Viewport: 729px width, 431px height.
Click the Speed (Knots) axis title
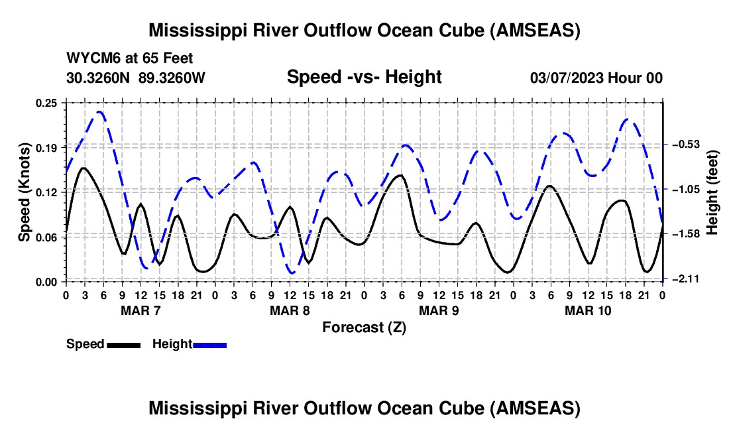pyautogui.click(x=25, y=192)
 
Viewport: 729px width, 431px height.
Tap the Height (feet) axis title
pyautogui.click(x=712, y=192)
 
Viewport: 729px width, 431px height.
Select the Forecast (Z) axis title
pyautogui.click(x=364, y=327)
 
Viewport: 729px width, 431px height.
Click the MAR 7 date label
pyautogui.click(x=140, y=310)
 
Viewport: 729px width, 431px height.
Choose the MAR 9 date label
pyautogui.click(x=438, y=310)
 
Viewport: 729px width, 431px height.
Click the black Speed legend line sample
pyautogui.click(x=123, y=345)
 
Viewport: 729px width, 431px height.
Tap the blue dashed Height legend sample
pyautogui.click(x=209, y=345)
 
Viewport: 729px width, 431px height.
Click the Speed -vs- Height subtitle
pyautogui.click(x=364, y=77)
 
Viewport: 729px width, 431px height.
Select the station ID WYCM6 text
pyautogui.click(x=89, y=59)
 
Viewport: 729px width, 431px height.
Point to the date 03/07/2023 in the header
pyautogui.click(x=567, y=78)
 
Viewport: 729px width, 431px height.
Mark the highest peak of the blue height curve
pyautogui.click(x=100, y=111)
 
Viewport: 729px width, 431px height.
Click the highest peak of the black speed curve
pyautogui.click(x=84, y=168)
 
